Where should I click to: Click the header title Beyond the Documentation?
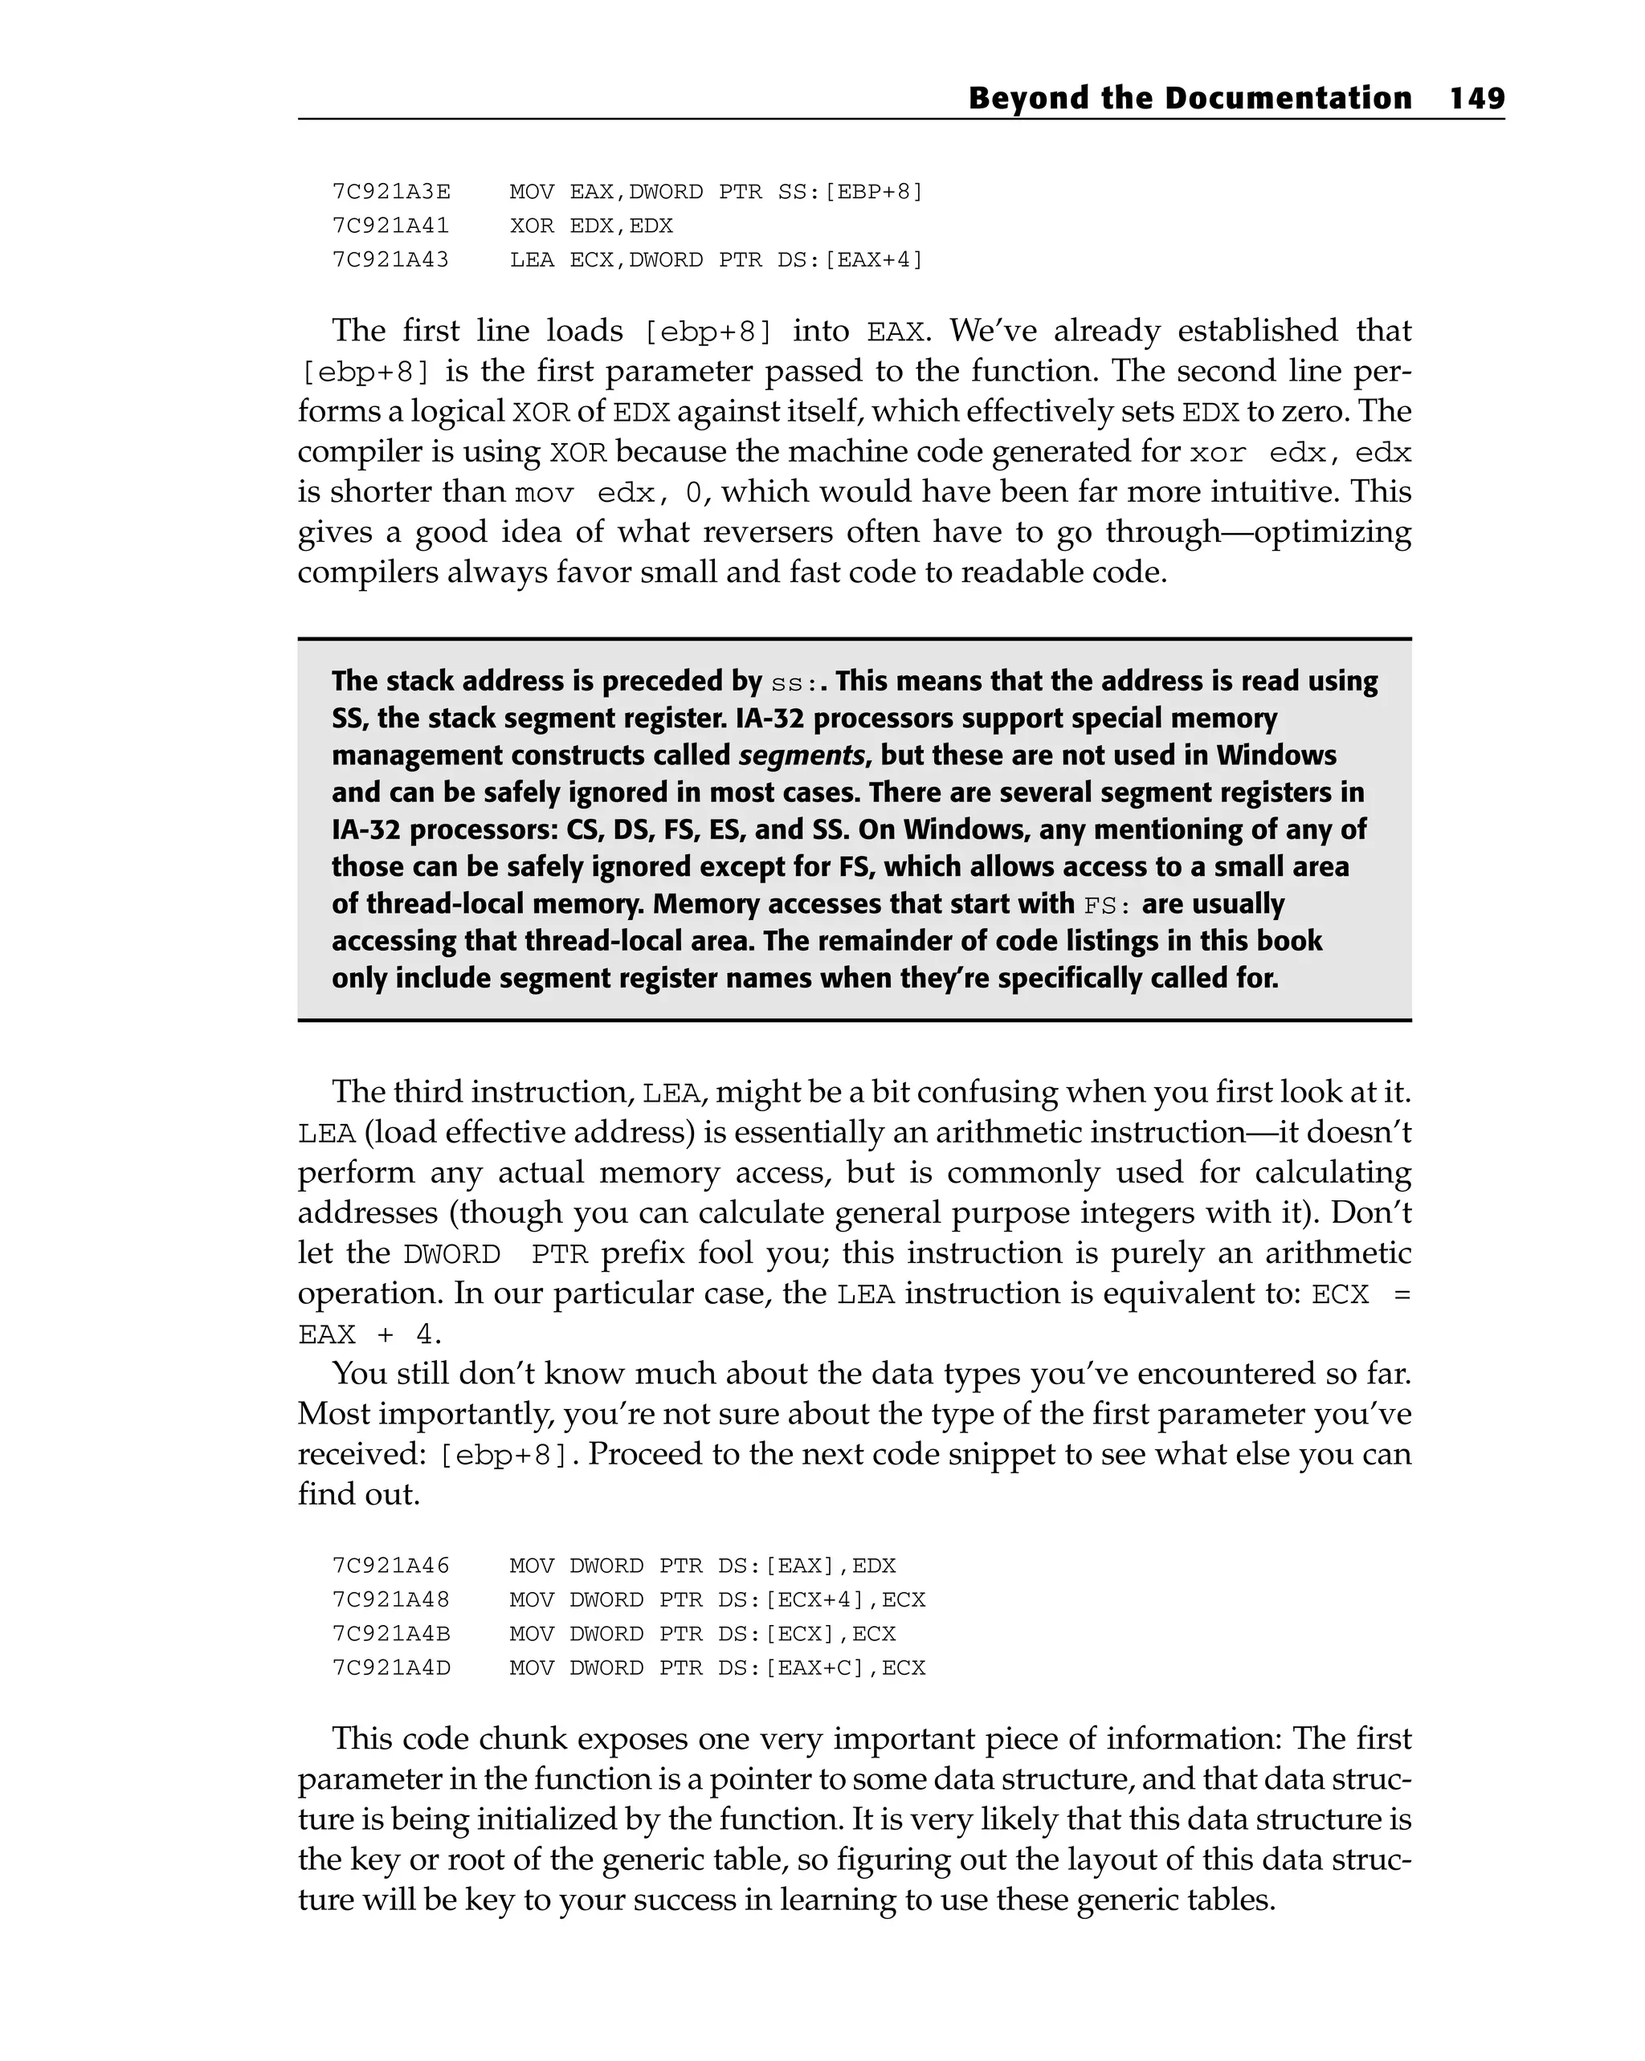[x=1190, y=99]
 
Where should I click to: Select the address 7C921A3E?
[x=390, y=192]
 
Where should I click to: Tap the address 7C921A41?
[x=390, y=226]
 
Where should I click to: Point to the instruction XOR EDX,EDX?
[x=591, y=226]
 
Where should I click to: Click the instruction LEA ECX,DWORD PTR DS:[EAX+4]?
[x=716, y=260]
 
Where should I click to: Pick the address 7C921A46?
[x=390, y=1566]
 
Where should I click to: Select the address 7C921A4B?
[x=390, y=1634]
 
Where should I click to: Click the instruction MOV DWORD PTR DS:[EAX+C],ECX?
[x=717, y=1668]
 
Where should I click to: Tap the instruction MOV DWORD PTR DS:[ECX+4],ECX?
[x=717, y=1600]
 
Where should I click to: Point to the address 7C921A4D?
[x=390, y=1668]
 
